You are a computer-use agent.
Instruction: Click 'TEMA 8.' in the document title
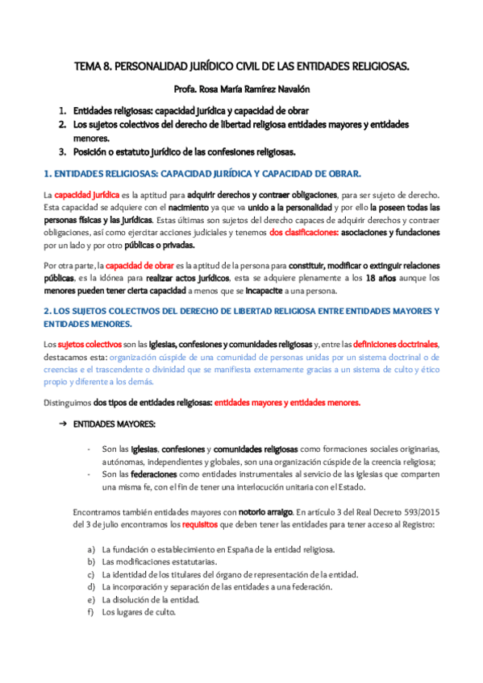point(94,70)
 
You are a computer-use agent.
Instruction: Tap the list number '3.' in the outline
point(61,151)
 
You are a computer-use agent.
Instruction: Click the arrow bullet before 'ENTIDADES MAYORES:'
point(61,423)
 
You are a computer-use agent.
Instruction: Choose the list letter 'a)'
point(91,548)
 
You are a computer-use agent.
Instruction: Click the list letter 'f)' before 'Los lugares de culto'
point(91,612)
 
